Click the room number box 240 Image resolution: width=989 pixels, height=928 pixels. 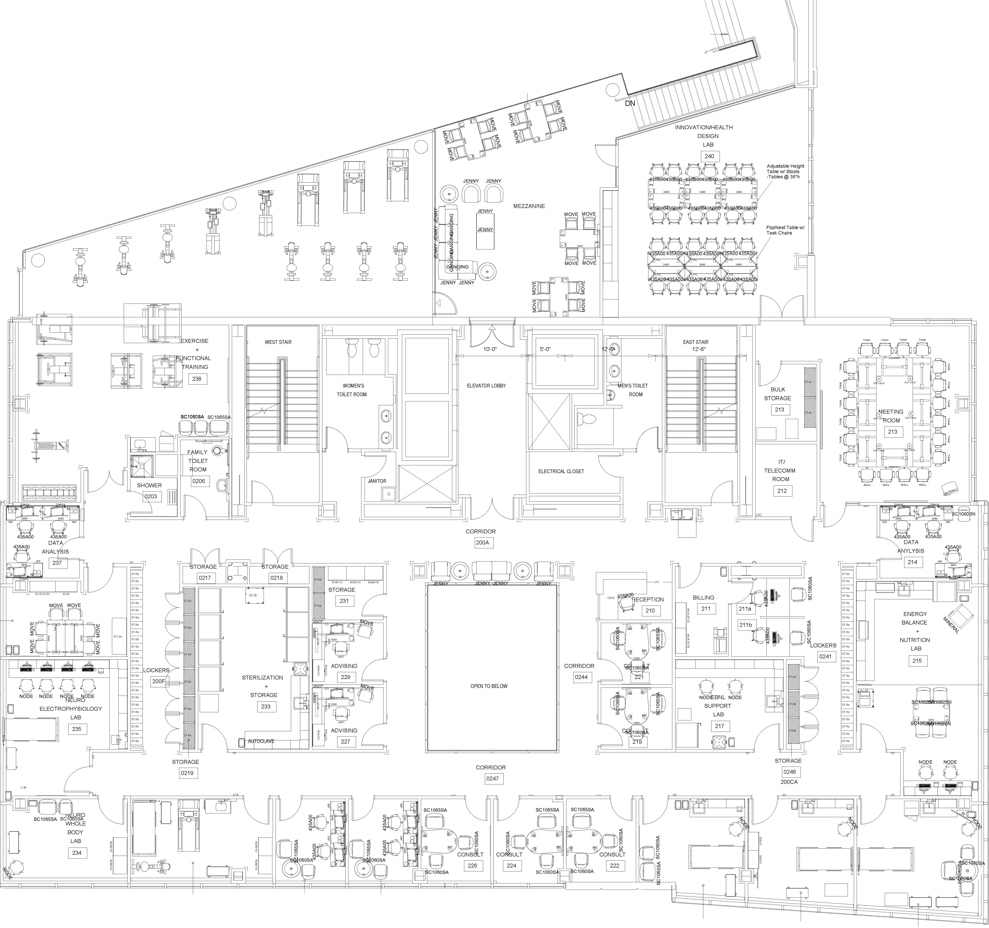point(709,156)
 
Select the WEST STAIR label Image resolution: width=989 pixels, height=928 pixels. point(278,342)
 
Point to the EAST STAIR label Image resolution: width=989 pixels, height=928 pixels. point(696,342)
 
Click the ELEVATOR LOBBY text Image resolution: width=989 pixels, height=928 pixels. point(486,386)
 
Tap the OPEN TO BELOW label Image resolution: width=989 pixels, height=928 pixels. point(489,686)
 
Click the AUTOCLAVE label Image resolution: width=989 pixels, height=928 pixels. point(261,741)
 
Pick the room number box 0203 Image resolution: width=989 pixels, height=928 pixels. point(150,496)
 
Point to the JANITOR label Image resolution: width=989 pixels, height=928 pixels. point(377,481)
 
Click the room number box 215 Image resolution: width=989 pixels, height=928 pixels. point(917,661)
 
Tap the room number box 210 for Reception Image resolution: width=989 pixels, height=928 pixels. point(650,610)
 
